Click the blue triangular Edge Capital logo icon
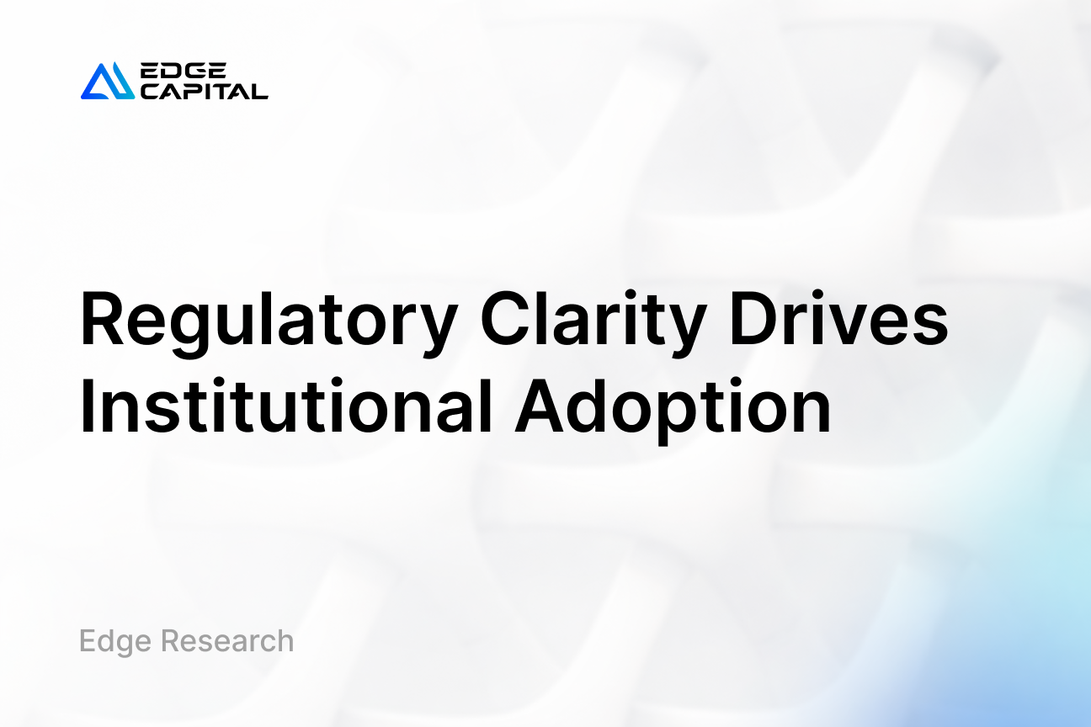107,82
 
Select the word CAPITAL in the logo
204,91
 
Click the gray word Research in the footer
227,641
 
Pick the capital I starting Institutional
87,408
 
